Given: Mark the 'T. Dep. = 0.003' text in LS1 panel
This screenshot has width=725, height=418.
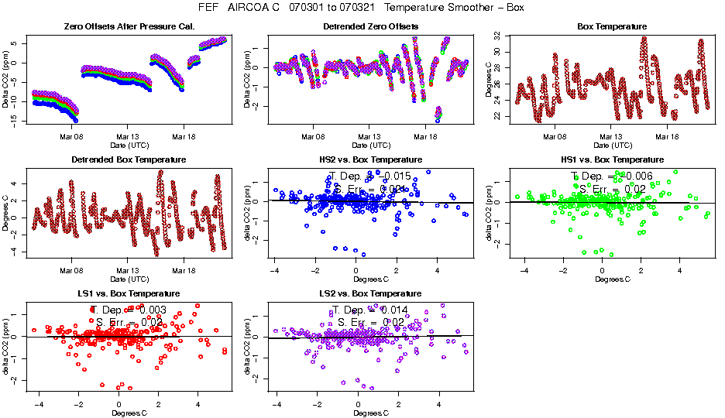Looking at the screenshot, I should tap(129, 310).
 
